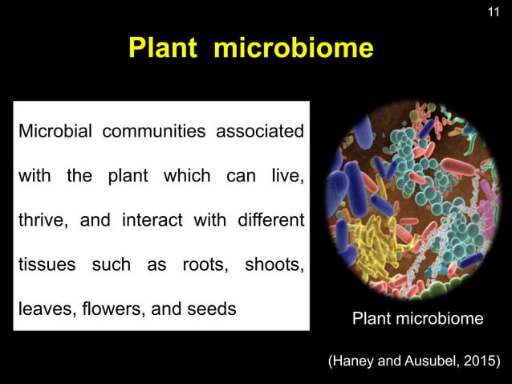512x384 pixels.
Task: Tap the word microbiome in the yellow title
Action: pyautogui.click(x=293, y=48)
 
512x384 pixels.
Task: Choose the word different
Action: pyautogui.click(x=268, y=219)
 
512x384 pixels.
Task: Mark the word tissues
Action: pyautogui.click(x=44, y=265)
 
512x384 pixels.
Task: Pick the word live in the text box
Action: pyautogui.click(x=286, y=175)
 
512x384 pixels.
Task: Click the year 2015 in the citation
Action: pyautogui.click(x=477, y=358)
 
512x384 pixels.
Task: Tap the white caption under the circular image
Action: pyautogui.click(x=418, y=319)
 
